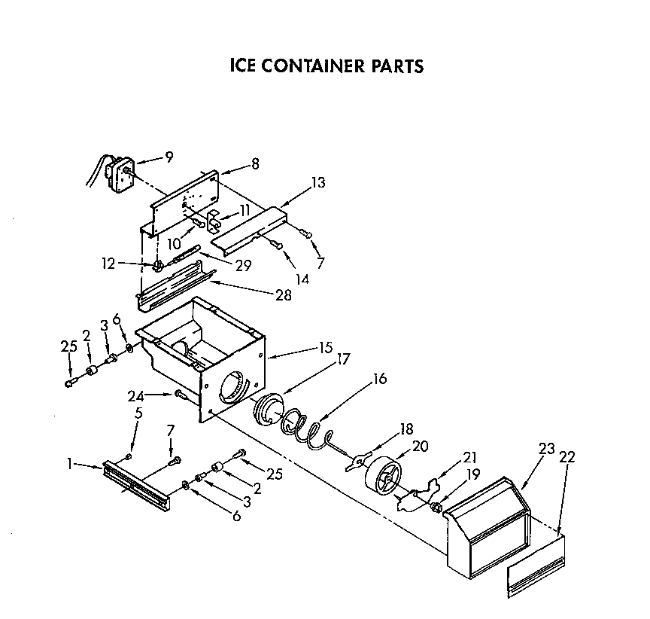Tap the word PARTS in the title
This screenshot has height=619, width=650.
[x=396, y=66]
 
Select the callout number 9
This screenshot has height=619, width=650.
[x=169, y=157]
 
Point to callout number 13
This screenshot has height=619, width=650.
[x=318, y=181]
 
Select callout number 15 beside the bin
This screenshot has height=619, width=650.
[x=326, y=349]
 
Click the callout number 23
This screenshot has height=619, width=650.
[x=546, y=449]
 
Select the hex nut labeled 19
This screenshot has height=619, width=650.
[x=436, y=506]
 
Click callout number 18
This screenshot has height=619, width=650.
[x=406, y=429]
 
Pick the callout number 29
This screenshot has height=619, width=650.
[x=243, y=265]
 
